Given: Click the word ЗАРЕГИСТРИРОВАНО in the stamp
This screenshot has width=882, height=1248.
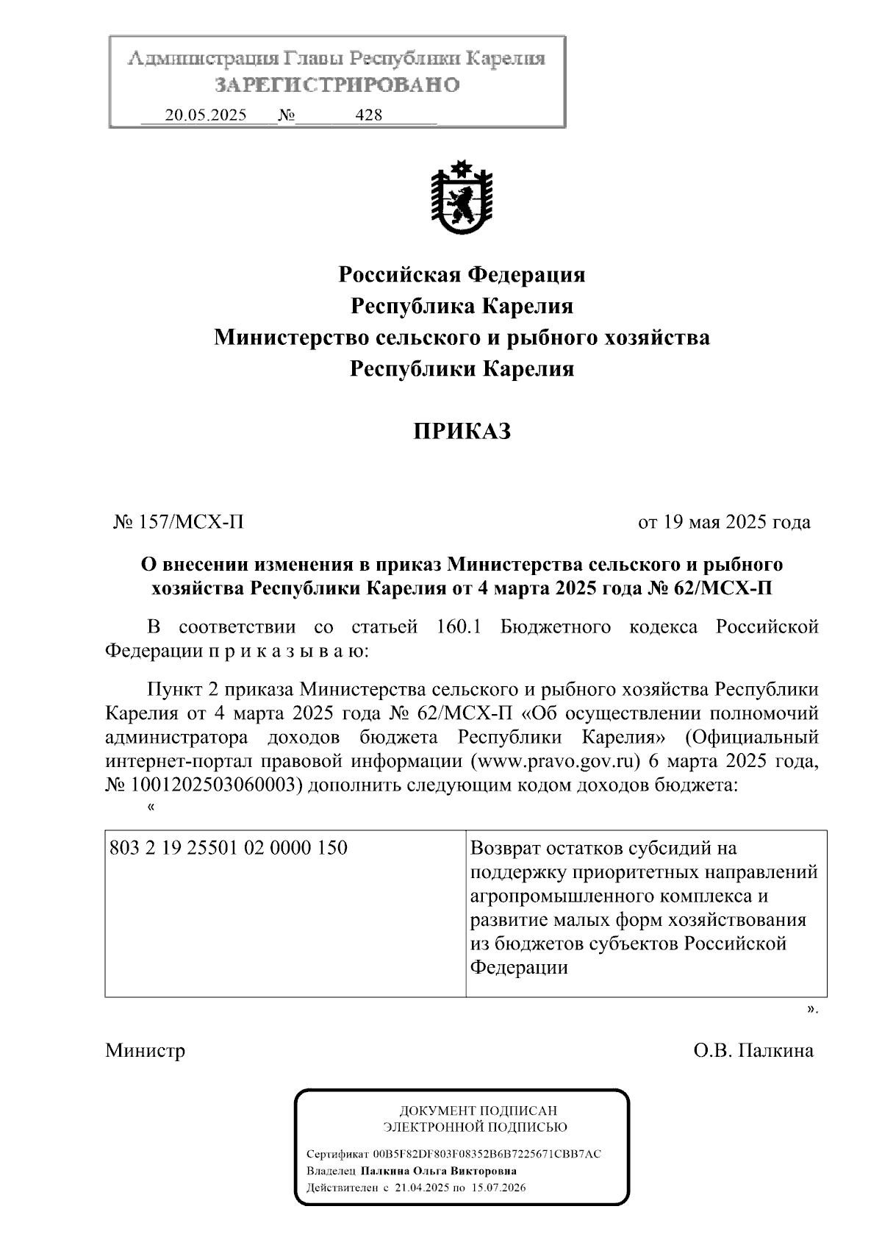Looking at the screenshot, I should pyautogui.click(x=337, y=85).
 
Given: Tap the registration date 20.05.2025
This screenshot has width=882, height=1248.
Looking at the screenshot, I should pyautogui.click(x=206, y=115).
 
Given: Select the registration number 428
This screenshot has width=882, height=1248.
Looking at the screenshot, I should pyautogui.click(x=368, y=115).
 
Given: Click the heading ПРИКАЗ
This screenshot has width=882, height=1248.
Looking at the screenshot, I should pyautogui.click(x=462, y=432).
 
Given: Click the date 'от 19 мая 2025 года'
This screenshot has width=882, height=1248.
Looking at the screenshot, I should pyautogui.click(x=724, y=523).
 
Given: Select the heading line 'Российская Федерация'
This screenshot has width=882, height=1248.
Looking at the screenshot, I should pyautogui.click(x=462, y=275).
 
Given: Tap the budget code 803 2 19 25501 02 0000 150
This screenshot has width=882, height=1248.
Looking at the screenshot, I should pyautogui.click(x=229, y=848).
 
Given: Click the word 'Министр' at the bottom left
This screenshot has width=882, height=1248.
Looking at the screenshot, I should pyautogui.click(x=145, y=1050).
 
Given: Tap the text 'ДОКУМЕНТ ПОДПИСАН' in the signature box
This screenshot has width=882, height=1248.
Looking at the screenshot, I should pyautogui.click(x=478, y=1111).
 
